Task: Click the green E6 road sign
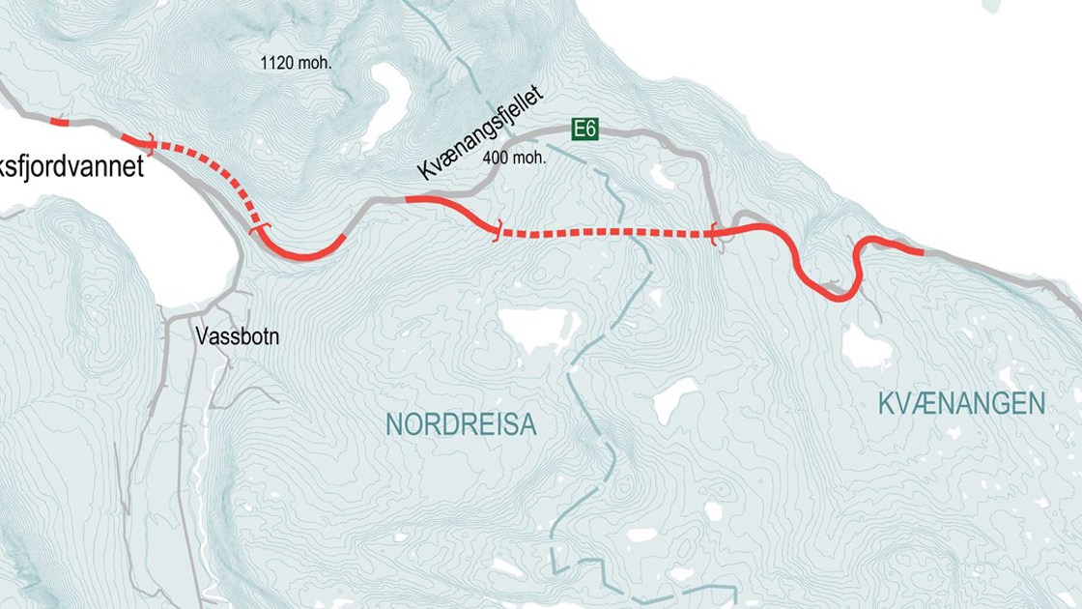pos(584,129)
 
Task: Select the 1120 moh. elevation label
pos(296,64)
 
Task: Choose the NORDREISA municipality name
pos(461,424)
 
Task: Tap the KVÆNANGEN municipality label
pos(961,404)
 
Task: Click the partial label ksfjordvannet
pos(71,167)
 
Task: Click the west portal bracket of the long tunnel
pos(498,231)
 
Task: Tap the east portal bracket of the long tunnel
pos(714,232)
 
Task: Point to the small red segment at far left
pos(59,123)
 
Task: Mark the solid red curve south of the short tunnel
pos(304,253)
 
